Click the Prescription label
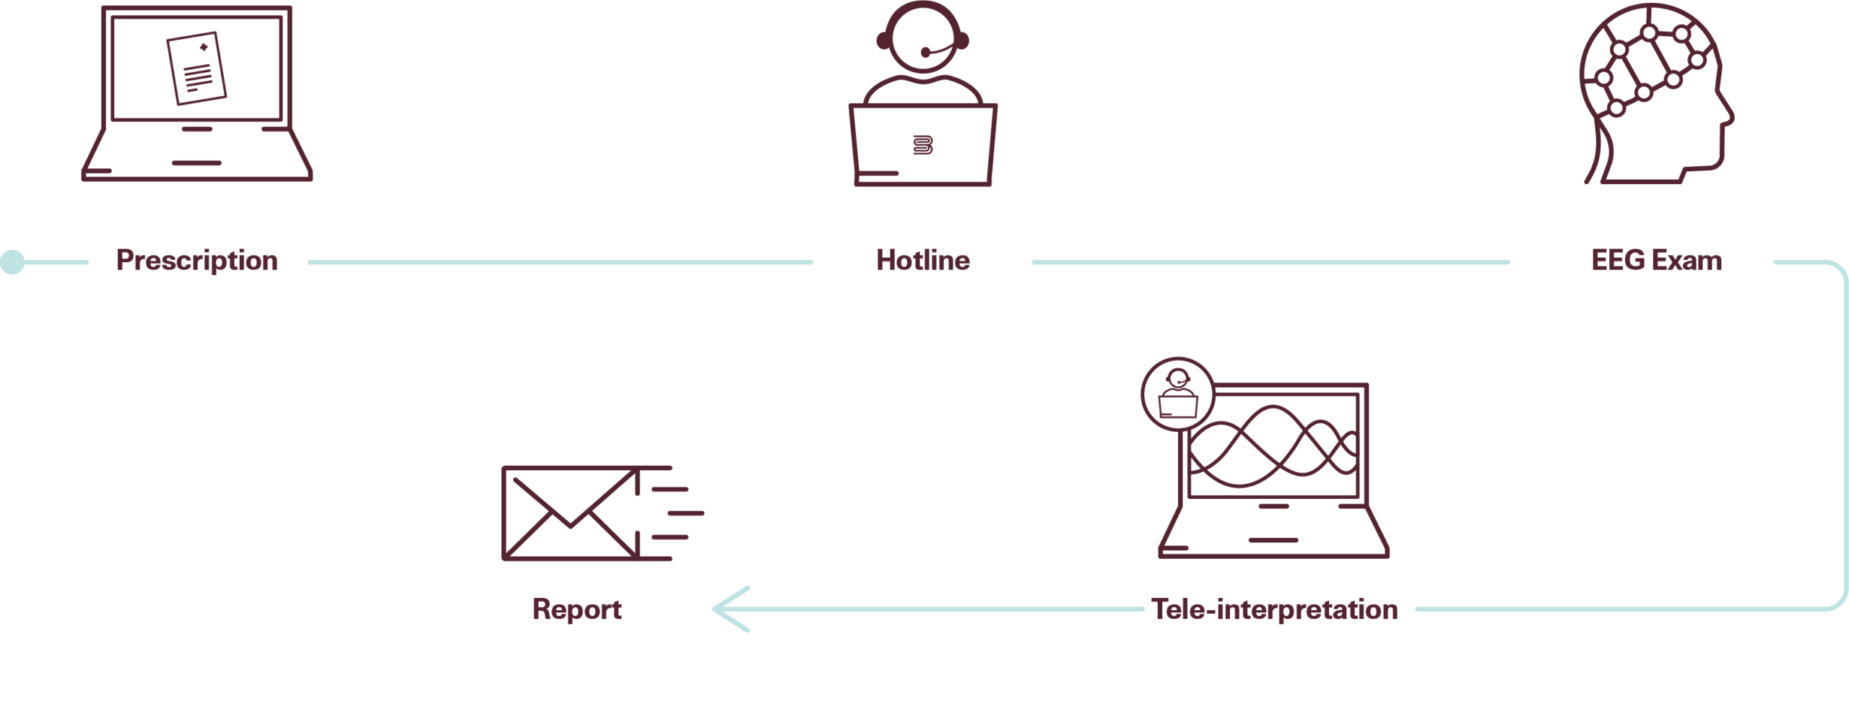196,261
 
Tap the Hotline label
923,260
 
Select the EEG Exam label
1657,260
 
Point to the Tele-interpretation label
1275,609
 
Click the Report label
577,610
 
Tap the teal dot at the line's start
12,262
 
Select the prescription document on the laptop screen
196,69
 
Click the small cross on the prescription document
204,47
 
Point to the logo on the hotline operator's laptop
923,145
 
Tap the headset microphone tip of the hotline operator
925,52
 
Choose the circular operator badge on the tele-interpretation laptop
1178,394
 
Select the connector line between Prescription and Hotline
560,262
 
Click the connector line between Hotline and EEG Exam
1271,262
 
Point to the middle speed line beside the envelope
686,513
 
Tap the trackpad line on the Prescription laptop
196,163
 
